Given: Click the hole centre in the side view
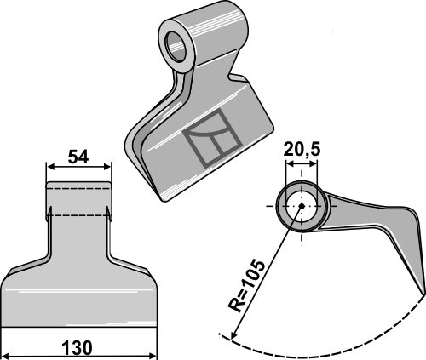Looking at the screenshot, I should pyautogui.click(x=299, y=207).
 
